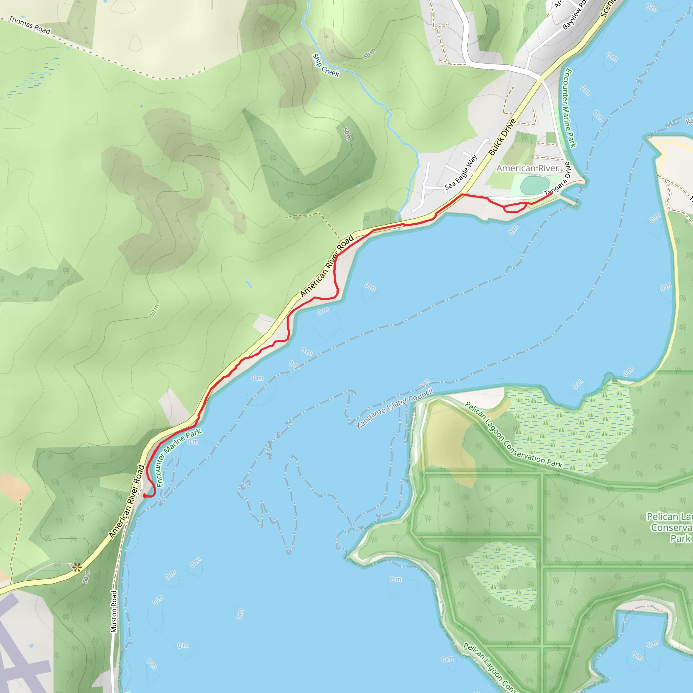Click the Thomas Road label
pyautogui.click(x=29, y=25)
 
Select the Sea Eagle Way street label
pyautogui.click(x=461, y=172)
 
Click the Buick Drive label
pyautogui.click(x=502, y=137)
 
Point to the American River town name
pyautogui.click(x=527, y=168)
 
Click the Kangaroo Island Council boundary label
pyautogui.click(x=394, y=408)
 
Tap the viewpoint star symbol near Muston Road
pyautogui.click(x=77, y=567)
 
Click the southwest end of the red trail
pyautogui.click(x=144, y=495)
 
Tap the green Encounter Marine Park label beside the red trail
pyautogui.click(x=178, y=457)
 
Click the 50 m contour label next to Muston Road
pyautogui.click(x=86, y=576)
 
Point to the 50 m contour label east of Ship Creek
pyautogui.click(x=370, y=53)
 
